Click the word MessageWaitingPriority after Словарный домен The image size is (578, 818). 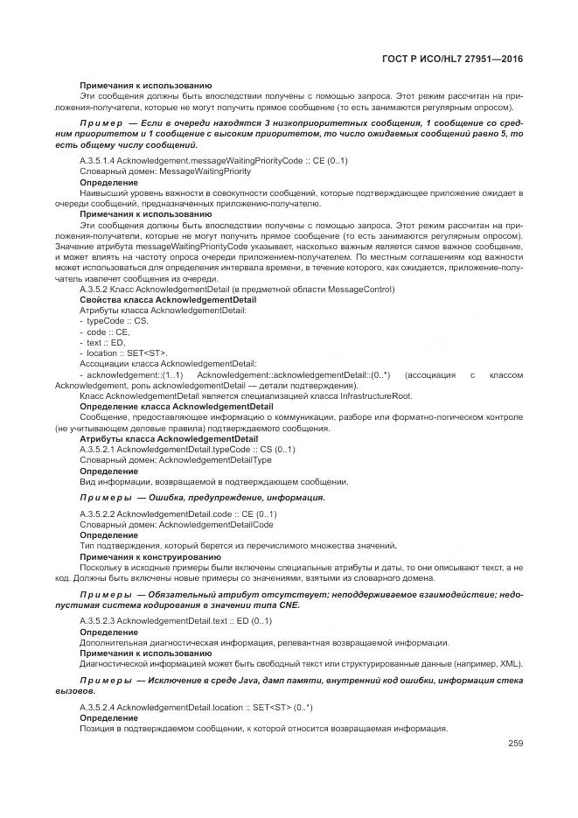click(x=197, y=172)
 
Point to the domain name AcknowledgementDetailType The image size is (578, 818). click(x=214, y=459)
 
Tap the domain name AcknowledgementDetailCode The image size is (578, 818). click(x=215, y=524)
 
